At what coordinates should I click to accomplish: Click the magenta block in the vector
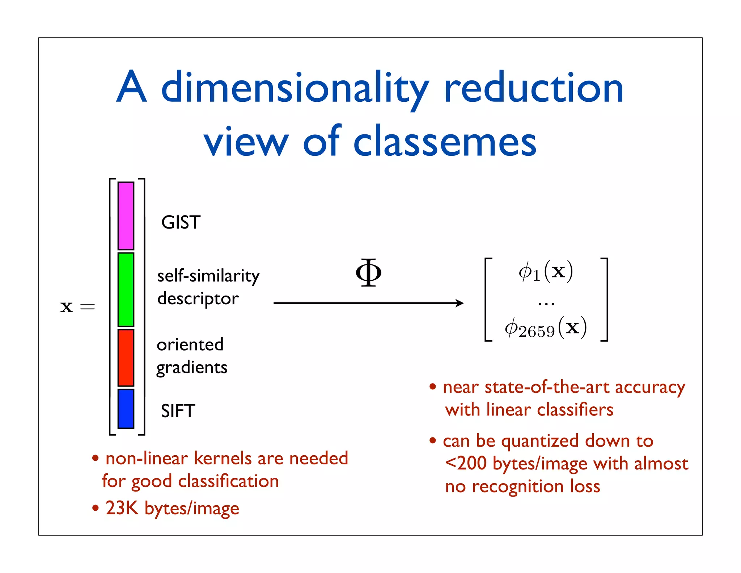[x=126, y=216]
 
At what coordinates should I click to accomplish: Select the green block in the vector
[x=126, y=289]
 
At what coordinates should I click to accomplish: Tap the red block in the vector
[x=126, y=357]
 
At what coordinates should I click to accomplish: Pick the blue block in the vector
[x=126, y=409]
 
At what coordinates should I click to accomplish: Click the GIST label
[x=181, y=222]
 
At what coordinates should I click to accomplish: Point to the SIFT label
[x=178, y=411]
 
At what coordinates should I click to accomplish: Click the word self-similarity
[x=208, y=276]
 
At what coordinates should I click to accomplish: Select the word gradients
[x=192, y=368]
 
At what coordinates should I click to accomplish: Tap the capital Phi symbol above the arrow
[x=368, y=272]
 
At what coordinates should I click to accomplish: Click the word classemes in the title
[x=445, y=142]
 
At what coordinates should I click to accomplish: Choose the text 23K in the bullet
[x=122, y=508]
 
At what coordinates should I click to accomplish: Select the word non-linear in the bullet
[x=147, y=458]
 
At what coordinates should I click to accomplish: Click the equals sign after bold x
[x=88, y=307]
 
